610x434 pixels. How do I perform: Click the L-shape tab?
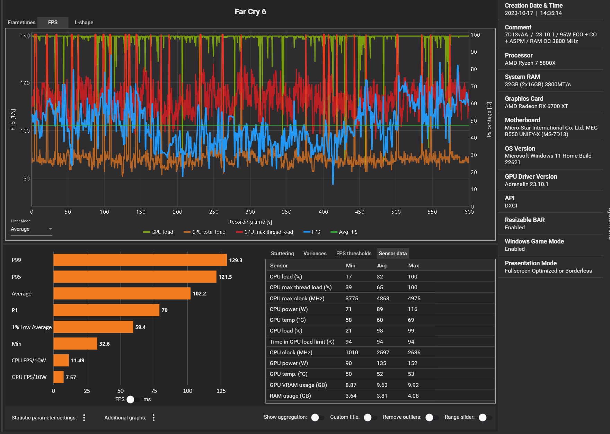click(x=84, y=23)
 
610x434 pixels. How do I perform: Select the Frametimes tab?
click(x=21, y=23)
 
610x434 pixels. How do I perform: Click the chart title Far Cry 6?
click(x=250, y=12)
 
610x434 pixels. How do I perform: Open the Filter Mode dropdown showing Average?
click(x=31, y=229)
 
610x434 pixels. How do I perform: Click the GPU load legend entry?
click(x=158, y=232)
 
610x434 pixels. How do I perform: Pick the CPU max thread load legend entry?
click(x=265, y=232)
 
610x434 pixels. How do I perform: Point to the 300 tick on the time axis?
click(x=250, y=212)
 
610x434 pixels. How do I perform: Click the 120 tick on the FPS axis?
click(x=25, y=83)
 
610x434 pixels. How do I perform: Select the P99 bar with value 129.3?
click(x=140, y=260)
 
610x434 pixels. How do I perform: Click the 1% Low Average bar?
click(x=93, y=327)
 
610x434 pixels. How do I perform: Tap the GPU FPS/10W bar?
click(x=59, y=377)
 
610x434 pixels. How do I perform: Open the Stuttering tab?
click(x=282, y=254)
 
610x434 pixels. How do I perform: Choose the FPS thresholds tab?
click(x=354, y=254)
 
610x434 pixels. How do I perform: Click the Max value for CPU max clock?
click(x=414, y=299)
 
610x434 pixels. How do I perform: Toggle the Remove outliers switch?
click(x=432, y=417)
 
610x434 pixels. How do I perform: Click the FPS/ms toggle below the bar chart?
click(x=133, y=399)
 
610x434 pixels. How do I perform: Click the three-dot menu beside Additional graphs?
click(x=153, y=418)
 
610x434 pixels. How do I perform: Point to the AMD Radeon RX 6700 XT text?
click(x=536, y=106)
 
